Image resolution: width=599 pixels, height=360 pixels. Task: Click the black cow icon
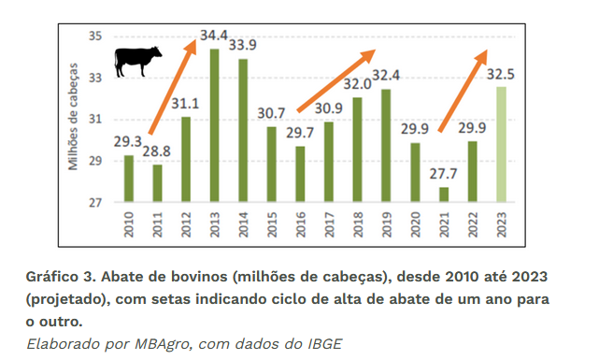(x=137, y=61)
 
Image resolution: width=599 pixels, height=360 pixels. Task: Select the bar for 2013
(x=214, y=125)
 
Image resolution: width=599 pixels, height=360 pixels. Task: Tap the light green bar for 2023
(x=502, y=144)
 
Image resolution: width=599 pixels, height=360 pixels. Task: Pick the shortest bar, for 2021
(x=444, y=194)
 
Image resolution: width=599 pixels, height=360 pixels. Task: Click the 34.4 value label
(x=214, y=36)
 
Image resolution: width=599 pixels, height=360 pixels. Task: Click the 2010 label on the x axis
(x=128, y=224)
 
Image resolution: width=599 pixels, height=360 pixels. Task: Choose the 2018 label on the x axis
(x=358, y=224)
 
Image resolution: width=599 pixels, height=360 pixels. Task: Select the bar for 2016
(x=300, y=174)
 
